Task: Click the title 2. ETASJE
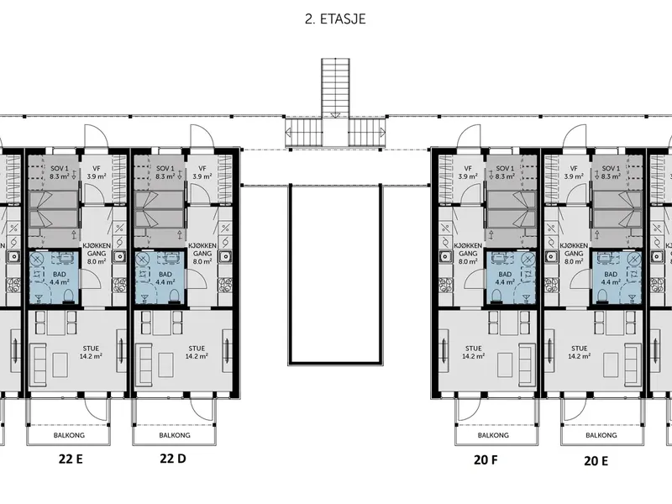335,19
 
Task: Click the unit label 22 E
71,459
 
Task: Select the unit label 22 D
173,459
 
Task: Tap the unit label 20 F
486,459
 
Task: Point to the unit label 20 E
596,461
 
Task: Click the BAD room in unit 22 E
54,278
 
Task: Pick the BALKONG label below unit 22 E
69,435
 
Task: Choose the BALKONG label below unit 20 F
493,435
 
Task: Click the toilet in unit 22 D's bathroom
175,296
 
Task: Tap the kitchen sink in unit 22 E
119,256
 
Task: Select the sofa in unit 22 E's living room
39,364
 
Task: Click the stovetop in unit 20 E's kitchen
552,285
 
